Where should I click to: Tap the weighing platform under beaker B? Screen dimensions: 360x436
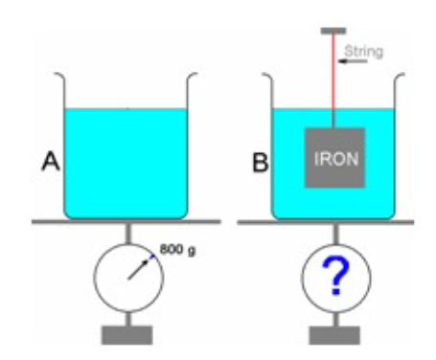(335, 223)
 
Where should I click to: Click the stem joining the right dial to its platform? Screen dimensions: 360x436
(335, 237)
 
